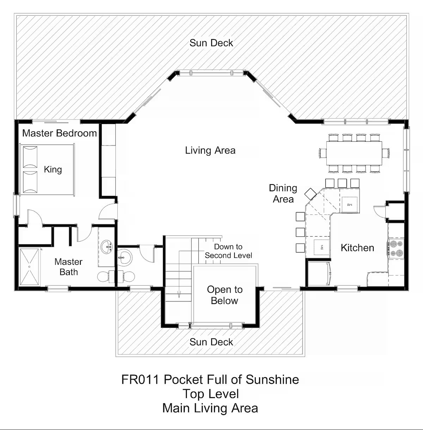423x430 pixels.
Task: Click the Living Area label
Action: click(210, 150)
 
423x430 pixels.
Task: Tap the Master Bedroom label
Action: click(60, 133)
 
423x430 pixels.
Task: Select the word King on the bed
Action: click(53, 170)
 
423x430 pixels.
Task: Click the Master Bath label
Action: click(69, 267)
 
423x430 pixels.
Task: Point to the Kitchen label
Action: click(357, 248)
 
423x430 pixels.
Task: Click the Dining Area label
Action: click(283, 193)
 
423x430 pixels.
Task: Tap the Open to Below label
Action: click(225, 295)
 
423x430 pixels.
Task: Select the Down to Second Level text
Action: click(228, 251)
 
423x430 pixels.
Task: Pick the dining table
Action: click(354, 153)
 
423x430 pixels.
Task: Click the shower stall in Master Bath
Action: click(30, 267)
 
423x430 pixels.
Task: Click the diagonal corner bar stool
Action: click(310, 194)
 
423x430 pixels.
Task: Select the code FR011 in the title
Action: click(140, 379)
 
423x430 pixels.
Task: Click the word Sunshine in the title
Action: click(272, 379)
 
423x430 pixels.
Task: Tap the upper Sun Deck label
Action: click(211, 43)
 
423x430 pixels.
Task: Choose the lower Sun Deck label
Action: click(211, 342)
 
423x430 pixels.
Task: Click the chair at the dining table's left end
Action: click(323, 153)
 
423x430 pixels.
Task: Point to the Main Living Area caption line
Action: click(210, 408)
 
